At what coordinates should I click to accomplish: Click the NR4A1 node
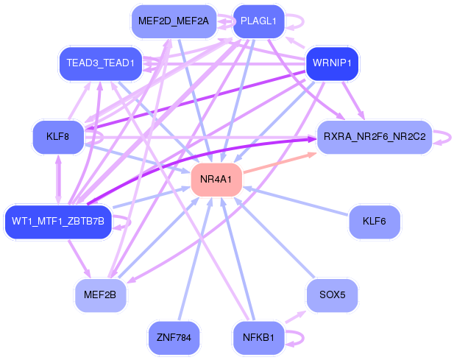click(x=216, y=180)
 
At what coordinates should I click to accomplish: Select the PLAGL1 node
click(x=258, y=21)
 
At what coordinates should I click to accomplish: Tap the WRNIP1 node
click(x=332, y=63)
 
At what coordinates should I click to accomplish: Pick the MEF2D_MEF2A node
click(x=174, y=21)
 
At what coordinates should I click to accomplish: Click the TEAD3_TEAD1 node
click(x=101, y=63)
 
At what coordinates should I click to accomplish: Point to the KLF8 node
click(x=58, y=136)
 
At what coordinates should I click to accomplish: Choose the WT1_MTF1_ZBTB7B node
click(x=58, y=222)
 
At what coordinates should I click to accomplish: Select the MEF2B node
click(x=100, y=295)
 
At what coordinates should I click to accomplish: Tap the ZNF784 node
click(x=174, y=338)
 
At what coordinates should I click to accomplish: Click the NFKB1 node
click(x=258, y=338)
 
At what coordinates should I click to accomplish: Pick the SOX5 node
click(x=332, y=295)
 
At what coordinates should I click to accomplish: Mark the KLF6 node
click(x=375, y=222)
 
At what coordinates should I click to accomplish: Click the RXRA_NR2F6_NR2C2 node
click(x=375, y=136)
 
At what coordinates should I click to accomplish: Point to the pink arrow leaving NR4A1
click(x=280, y=163)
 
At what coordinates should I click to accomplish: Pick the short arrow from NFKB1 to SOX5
click(x=296, y=317)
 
